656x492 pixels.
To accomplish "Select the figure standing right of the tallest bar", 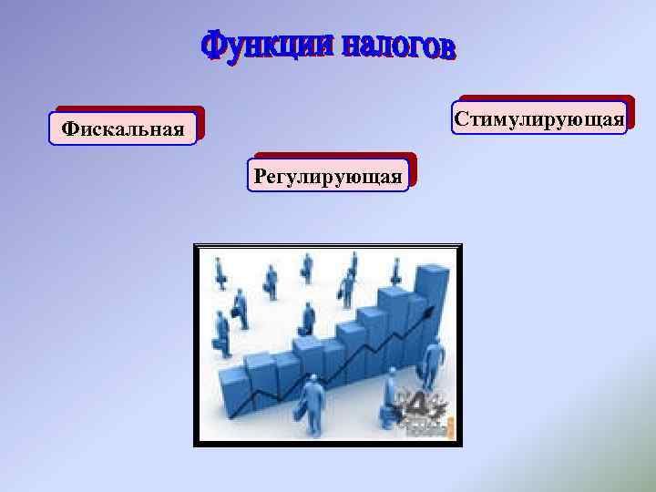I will [432, 360].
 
